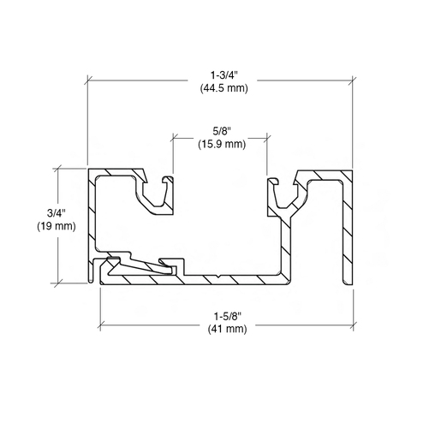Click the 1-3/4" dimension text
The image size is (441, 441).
click(x=224, y=75)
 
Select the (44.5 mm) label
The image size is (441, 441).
click(x=224, y=88)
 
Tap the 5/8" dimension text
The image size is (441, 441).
click(x=222, y=131)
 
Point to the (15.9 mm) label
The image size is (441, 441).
click(x=222, y=144)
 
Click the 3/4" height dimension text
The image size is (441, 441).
click(x=57, y=213)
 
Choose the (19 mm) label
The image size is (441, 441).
click(x=57, y=226)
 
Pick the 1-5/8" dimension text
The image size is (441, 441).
click(x=228, y=316)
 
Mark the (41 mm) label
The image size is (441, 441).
click(x=228, y=329)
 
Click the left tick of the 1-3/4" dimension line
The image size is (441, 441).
click(x=88, y=80)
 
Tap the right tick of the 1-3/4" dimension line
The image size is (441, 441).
click(x=353, y=80)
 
